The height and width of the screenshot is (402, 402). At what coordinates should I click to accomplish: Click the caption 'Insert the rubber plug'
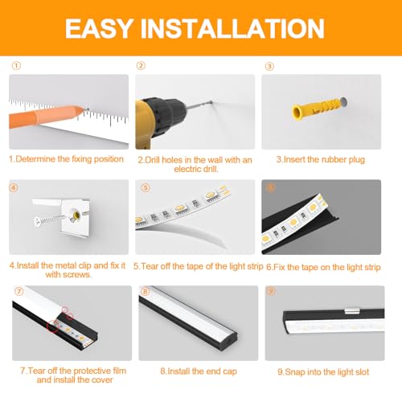tap(320, 160)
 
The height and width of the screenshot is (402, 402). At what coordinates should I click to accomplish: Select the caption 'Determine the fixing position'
tap(66, 159)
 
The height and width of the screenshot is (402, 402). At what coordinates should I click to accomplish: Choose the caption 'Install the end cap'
tap(197, 372)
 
